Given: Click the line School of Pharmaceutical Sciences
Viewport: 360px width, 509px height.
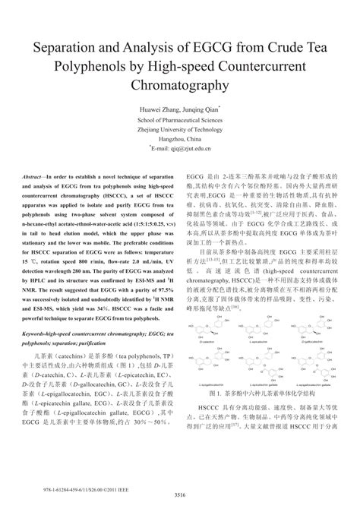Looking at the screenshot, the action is pyautogui.click(x=180, y=120).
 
